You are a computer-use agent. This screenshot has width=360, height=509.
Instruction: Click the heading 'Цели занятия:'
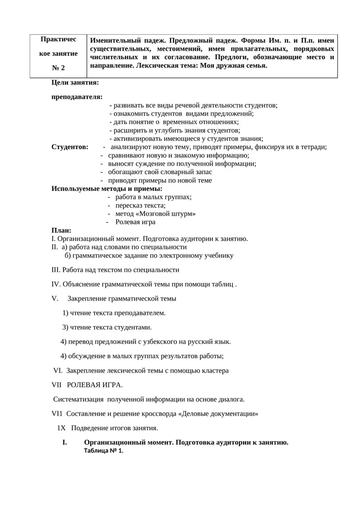[x=75, y=83]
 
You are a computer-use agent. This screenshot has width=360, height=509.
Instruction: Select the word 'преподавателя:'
[x=77, y=97]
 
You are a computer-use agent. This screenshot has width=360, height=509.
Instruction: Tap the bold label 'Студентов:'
[x=70, y=147]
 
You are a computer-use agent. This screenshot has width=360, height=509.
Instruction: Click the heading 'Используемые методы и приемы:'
[x=107, y=189]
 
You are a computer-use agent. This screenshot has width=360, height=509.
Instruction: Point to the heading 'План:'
[x=62, y=230]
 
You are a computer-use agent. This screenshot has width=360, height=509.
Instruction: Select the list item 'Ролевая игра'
[x=135, y=222]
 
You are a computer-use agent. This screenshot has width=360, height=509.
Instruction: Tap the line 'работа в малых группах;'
[x=153, y=197]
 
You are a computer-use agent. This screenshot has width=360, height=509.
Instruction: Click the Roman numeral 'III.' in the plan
[x=56, y=270]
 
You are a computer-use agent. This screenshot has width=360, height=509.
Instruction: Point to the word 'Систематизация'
[x=77, y=399]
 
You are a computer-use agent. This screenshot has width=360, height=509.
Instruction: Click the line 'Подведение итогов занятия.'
[x=115, y=428]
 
